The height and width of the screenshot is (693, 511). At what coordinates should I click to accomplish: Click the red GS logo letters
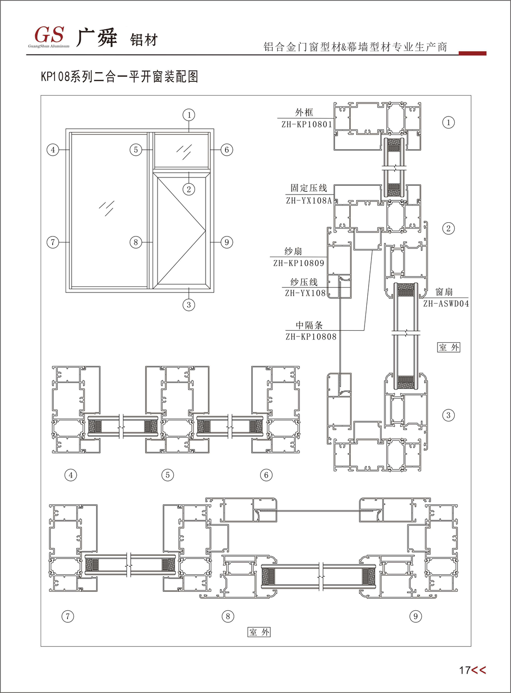click(49, 35)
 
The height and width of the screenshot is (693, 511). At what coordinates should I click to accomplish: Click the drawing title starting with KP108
click(119, 76)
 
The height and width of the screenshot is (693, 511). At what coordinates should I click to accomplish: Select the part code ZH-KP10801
click(307, 124)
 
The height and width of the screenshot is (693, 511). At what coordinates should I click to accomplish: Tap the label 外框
click(304, 113)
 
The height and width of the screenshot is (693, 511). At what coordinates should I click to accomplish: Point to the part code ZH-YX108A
click(309, 201)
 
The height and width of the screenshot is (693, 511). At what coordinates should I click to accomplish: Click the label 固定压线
click(309, 188)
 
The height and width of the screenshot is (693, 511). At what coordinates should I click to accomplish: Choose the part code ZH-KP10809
click(298, 263)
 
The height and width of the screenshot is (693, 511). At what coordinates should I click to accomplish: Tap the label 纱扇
click(293, 251)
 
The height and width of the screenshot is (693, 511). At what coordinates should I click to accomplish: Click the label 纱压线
click(304, 282)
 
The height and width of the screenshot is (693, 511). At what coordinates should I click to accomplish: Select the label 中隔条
click(309, 325)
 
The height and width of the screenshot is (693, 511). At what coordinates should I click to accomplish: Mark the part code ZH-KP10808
click(311, 337)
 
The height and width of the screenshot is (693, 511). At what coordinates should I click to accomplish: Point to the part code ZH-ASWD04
click(446, 304)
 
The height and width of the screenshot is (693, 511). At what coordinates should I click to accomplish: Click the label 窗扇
click(444, 292)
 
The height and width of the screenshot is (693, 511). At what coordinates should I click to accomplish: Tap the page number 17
click(464, 670)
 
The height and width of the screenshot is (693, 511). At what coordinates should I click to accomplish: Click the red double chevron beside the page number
click(479, 670)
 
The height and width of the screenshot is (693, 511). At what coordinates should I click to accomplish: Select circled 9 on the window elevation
click(226, 242)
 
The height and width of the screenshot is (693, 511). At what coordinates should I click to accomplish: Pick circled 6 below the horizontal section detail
click(266, 475)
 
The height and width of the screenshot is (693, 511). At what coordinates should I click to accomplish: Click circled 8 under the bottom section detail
click(228, 616)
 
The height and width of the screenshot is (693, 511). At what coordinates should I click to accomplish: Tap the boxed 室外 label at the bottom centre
click(259, 632)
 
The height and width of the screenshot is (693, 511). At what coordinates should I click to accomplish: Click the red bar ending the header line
click(472, 54)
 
